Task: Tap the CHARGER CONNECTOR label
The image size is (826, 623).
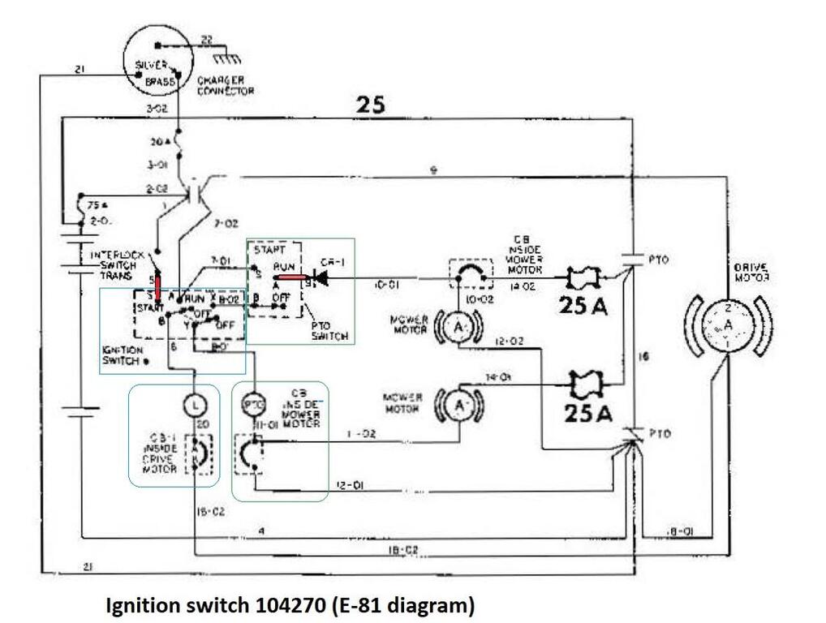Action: tap(226, 86)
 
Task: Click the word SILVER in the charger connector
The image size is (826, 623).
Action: tap(151, 65)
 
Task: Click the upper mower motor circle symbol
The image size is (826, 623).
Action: tap(457, 326)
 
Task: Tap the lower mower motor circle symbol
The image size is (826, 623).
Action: tap(457, 403)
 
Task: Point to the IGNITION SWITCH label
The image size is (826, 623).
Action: tap(123, 355)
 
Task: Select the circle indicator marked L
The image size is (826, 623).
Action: tap(194, 402)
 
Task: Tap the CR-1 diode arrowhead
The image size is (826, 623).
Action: tap(320, 279)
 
